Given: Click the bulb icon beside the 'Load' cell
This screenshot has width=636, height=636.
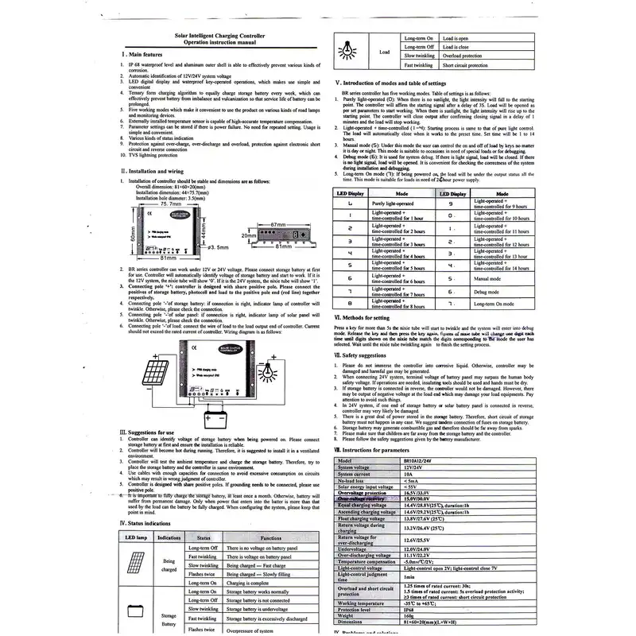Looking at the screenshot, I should click(x=347, y=51).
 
